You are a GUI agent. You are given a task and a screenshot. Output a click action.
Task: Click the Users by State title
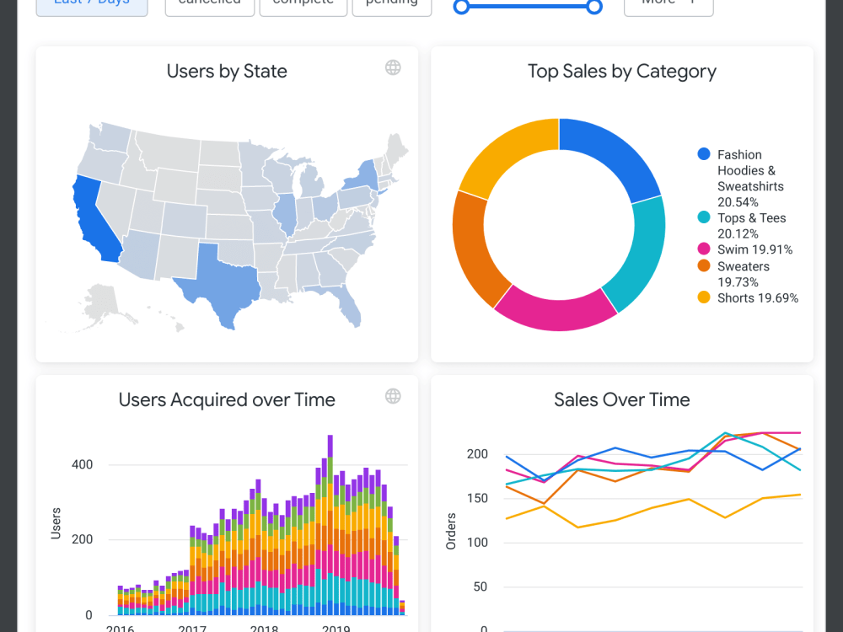click(x=227, y=72)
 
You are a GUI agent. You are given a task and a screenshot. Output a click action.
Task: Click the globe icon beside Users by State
click(x=393, y=67)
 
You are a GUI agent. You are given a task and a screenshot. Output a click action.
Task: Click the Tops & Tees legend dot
click(x=704, y=217)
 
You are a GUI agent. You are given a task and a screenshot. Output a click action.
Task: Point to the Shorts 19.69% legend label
click(x=757, y=297)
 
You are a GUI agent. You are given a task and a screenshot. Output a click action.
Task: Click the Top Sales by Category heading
click(x=621, y=72)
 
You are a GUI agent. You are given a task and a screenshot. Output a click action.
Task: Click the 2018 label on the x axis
click(x=264, y=628)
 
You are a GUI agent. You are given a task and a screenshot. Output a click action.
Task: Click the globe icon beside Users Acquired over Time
click(x=393, y=396)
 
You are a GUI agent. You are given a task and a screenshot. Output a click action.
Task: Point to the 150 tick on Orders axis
click(x=477, y=498)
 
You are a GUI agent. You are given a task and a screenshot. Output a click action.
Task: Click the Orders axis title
click(x=451, y=531)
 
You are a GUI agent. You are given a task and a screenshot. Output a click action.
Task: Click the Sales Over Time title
click(x=621, y=399)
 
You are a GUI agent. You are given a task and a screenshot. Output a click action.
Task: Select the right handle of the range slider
click(x=594, y=7)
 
